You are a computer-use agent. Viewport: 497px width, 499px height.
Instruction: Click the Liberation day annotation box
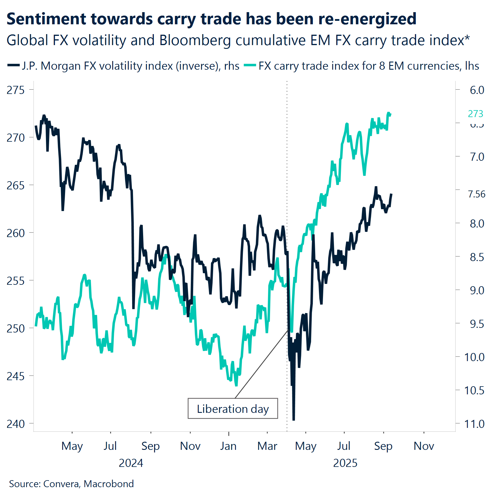(233, 409)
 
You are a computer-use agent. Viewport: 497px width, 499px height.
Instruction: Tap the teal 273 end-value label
(475, 114)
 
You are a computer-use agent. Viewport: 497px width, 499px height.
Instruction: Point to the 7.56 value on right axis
(476, 194)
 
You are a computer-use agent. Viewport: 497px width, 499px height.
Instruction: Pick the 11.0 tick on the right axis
(474, 424)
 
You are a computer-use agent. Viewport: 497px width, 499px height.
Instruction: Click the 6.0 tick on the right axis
(477, 90)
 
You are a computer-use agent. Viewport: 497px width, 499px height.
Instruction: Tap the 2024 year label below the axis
(131, 463)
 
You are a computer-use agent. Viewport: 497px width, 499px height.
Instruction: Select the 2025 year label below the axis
(345, 463)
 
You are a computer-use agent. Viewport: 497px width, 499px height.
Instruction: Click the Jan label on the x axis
(228, 446)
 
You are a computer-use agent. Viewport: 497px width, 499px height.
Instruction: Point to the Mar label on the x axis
(267, 446)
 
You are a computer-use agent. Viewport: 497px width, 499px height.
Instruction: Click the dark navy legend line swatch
(13, 65)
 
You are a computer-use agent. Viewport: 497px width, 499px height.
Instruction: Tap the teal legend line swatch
(250, 65)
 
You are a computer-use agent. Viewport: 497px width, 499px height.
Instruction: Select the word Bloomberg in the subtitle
(195, 40)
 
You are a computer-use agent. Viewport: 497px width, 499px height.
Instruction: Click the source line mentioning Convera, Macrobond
(71, 484)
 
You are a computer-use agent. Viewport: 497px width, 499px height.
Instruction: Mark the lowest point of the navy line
(294, 419)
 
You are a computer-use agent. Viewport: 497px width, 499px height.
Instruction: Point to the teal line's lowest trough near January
(236, 385)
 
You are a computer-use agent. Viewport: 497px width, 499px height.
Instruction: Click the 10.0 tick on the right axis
(474, 357)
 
